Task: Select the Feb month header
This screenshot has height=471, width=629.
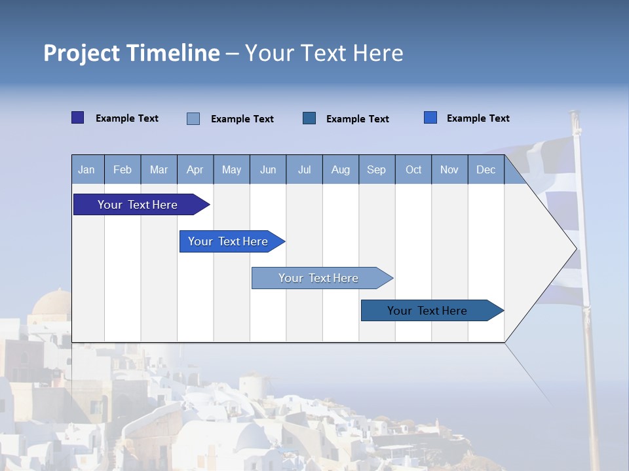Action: click(123, 169)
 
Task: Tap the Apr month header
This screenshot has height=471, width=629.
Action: click(195, 169)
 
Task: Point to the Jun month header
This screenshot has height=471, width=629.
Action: click(268, 169)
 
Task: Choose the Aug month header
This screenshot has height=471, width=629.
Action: click(341, 169)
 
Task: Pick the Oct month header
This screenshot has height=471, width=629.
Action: click(413, 169)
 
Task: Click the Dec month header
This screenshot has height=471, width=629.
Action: click(486, 169)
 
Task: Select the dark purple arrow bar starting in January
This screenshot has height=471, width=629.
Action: click(142, 204)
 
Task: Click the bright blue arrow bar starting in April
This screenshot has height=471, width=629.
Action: click(232, 241)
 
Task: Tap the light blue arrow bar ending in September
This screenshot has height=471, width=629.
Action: click(322, 278)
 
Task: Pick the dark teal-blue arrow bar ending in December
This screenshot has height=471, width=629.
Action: click(432, 310)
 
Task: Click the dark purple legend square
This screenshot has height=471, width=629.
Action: click(77, 117)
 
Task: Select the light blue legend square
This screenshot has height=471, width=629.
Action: click(193, 118)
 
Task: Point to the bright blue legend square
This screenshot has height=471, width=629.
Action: click(430, 117)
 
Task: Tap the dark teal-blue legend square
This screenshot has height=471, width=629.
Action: click(309, 118)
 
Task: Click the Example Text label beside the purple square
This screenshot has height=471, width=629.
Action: click(126, 118)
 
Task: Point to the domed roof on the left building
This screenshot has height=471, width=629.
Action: click(52, 302)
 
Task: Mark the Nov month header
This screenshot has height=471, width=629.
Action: click(449, 169)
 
